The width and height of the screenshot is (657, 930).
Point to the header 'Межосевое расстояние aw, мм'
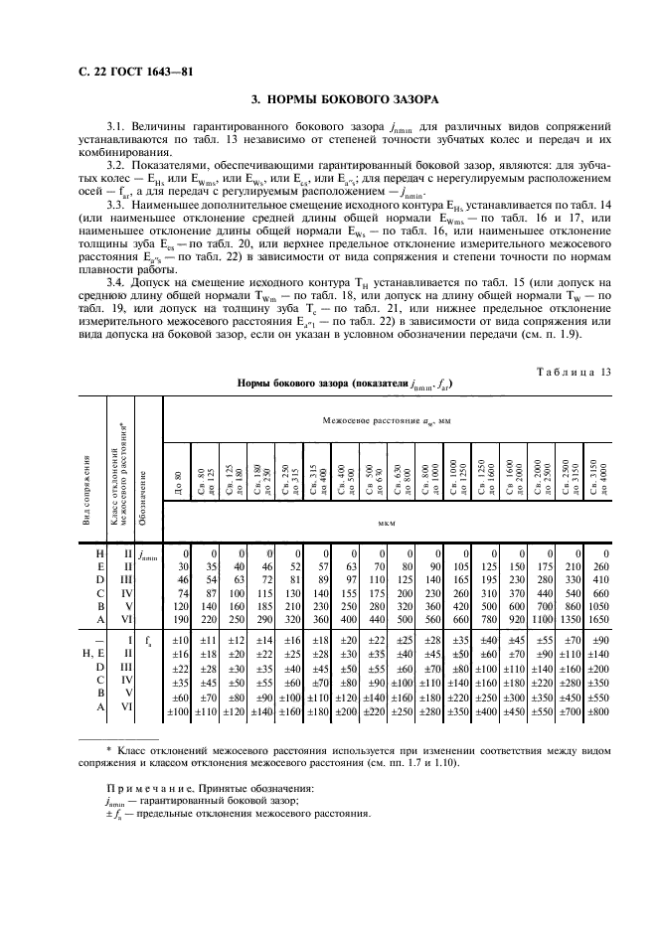387,422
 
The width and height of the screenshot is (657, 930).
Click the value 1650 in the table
598,617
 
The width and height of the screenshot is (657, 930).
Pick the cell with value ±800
598,713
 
